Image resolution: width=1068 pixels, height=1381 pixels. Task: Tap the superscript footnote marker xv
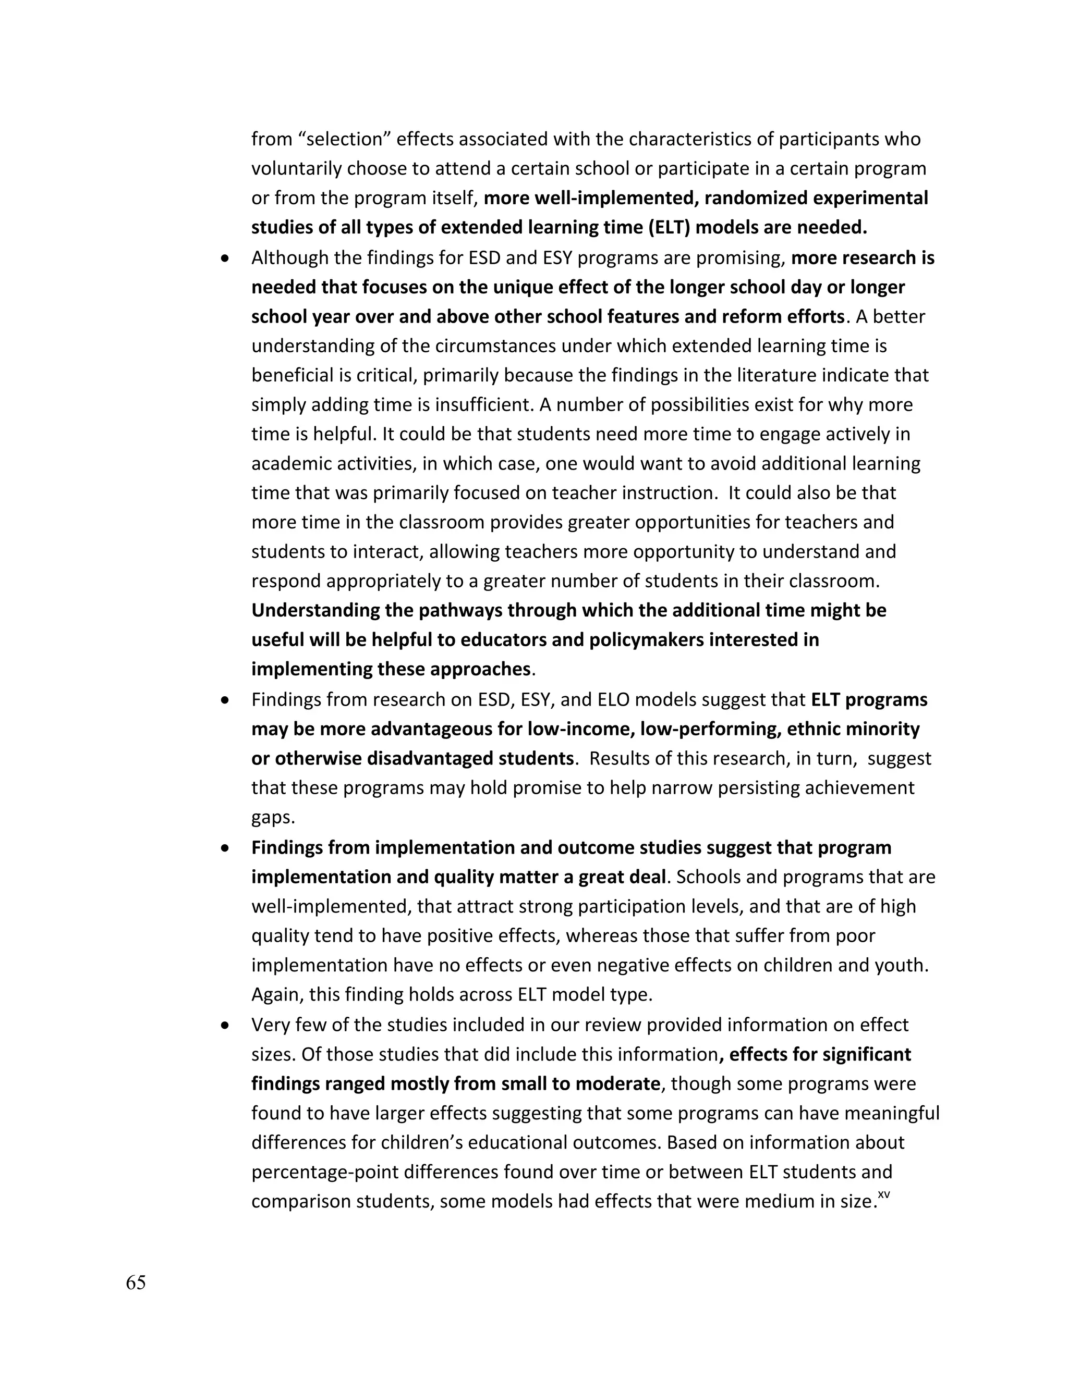[884, 1194]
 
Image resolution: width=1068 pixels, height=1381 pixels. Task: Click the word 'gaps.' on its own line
[273, 818]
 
